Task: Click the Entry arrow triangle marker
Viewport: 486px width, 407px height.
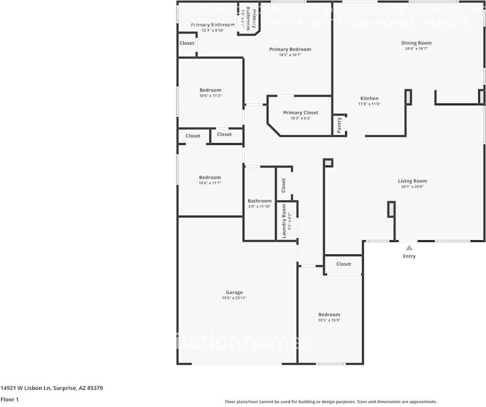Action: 409,248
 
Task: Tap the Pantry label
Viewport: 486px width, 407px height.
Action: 339,125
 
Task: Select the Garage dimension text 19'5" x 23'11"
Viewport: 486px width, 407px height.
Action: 234,298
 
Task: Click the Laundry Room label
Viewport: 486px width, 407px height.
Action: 284,221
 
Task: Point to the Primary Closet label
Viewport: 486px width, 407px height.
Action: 300,113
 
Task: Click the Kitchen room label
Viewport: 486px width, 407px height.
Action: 369,98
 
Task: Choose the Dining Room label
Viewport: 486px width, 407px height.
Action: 416,43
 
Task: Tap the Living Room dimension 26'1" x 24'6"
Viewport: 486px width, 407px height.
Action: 412,186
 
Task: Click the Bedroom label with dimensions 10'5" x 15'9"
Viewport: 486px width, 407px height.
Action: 329,314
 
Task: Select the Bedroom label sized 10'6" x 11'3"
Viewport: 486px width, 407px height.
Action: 210,90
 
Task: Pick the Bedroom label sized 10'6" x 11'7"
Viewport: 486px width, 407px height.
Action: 210,177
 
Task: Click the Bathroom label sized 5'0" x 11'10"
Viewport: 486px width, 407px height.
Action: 259,201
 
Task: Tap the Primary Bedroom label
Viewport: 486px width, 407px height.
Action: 290,49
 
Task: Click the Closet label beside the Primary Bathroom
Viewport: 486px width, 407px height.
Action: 187,43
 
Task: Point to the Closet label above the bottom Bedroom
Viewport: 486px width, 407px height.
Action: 344,264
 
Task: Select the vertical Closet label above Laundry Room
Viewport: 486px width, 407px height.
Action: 284,185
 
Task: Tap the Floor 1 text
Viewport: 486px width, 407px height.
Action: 9,399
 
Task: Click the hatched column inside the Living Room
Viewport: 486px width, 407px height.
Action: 391,209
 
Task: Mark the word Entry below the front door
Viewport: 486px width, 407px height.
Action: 409,256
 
